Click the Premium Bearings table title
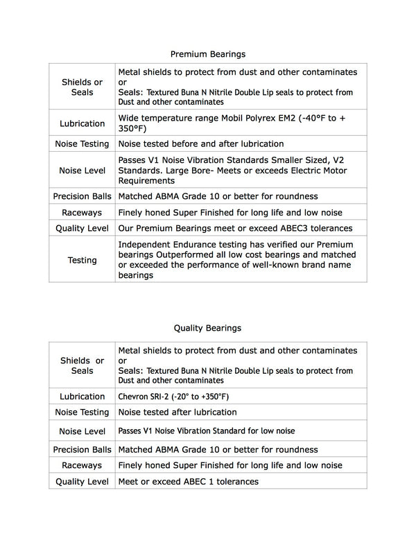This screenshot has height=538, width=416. (x=207, y=53)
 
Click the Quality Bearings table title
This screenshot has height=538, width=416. (x=207, y=327)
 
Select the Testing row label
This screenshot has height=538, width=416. (x=82, y=260)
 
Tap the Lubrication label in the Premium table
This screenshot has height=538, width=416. (x=82, y=123)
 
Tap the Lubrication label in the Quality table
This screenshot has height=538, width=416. (x=82, y=397)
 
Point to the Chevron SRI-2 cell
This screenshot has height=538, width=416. (x=173, y=397)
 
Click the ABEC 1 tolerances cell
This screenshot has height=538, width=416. (x=188, y=481)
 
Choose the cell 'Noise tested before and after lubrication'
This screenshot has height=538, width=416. (x=200, y=144)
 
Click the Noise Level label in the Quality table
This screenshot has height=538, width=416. (x=82, y=431)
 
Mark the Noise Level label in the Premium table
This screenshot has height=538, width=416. (x=82, y=169)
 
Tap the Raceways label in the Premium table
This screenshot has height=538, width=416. (x=82, y=213)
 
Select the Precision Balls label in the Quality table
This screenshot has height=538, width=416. (x=82, y=450)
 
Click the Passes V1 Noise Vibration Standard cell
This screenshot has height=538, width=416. (x=206, y=431)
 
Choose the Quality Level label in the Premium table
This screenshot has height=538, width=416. (x=82, y=228)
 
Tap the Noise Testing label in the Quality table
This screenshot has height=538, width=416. (x=82, y=412)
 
